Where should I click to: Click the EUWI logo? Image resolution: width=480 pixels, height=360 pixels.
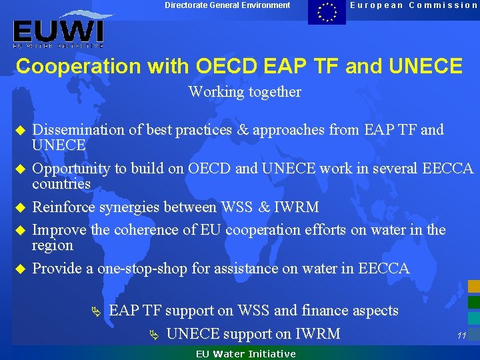point(58,31)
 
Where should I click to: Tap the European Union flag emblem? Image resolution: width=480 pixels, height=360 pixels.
point(327,12)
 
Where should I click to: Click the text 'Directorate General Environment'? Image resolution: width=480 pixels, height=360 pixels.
point(227,5)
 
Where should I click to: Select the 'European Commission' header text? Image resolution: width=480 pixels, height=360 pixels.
point(414,5)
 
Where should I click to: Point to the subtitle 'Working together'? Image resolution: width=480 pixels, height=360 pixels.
point(245,92)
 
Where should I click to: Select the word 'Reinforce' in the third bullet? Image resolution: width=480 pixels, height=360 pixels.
point(64,207)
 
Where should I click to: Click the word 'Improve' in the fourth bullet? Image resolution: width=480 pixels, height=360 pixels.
point(59,230)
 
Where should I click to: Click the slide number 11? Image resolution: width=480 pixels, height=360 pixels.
point(461,335)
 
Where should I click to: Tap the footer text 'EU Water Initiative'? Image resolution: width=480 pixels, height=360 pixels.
point(245,354)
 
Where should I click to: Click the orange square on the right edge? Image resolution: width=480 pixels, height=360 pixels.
point(474,287)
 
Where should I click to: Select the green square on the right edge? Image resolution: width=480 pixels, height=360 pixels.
point(474,302)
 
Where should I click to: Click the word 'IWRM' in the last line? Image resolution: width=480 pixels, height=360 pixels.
point(318,333)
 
